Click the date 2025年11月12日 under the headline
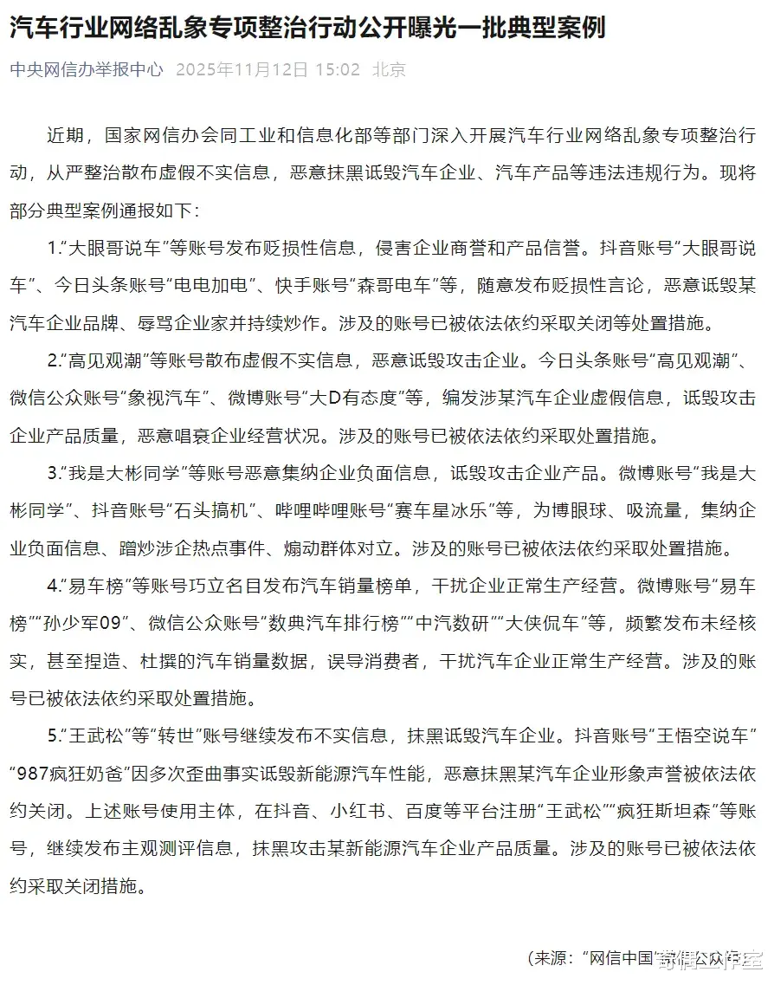click(x=242, y=69)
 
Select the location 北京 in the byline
click(x=389, y=69)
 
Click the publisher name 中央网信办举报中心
click(x=86, y=69)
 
